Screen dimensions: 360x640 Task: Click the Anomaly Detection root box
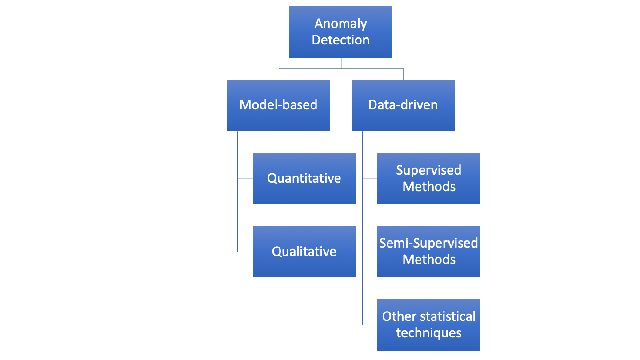click(x=340, y=32)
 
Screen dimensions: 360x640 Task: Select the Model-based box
click(x=278, y=105)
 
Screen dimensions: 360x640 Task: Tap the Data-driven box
click(x=403, y=105)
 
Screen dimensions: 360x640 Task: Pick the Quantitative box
click(x=304, y=179)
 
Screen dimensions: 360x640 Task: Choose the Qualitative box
click(x=304, y=252)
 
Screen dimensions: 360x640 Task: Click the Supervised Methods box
click(x=428, y=179)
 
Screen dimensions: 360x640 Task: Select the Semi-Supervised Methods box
click(x=428, y=252)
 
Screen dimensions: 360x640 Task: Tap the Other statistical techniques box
click(x=428, y=325)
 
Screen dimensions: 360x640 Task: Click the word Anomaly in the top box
click(x=341, y=24)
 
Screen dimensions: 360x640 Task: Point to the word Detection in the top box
click(x=340, y=40)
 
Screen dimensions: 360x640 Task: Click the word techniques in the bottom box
click(x=429, y=333)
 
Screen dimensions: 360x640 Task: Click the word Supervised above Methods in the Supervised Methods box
click(x=429, y=170)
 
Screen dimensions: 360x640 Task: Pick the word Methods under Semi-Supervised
click(x=429, y=260)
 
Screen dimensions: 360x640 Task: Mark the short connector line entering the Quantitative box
click(x=245, y=179)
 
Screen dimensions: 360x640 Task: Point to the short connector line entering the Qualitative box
click(x=245, y=252)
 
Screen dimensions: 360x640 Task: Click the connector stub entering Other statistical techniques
click(x=370, y=325)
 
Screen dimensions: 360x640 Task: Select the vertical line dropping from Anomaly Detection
click(x=341, y=63)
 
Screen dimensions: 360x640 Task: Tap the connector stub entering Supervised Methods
click(x=370, y=179)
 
